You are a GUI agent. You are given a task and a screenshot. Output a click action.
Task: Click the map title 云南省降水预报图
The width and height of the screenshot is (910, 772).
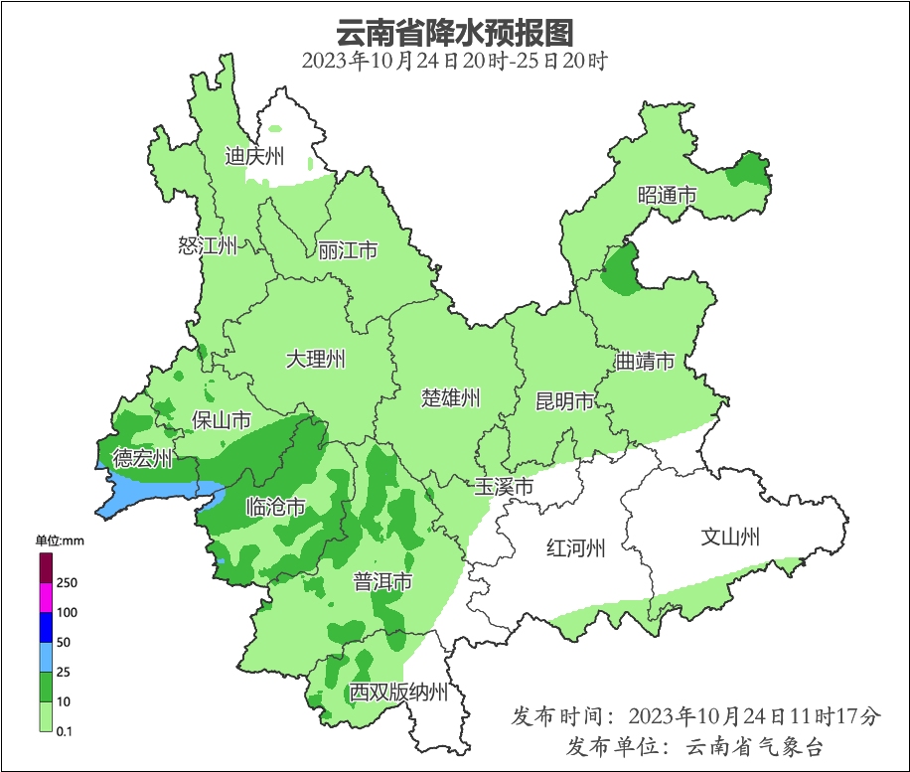click(455, 32)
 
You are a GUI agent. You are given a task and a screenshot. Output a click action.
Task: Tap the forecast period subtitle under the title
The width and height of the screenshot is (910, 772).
click(455, 61)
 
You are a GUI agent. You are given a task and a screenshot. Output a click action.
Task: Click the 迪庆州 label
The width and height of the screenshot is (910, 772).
click(254, 156)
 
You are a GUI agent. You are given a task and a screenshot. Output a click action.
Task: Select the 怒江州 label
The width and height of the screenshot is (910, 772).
click(208, 245)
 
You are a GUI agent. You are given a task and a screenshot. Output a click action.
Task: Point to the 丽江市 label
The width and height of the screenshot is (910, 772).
click(348, 250)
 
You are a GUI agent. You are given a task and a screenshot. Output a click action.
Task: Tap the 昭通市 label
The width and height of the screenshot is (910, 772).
click(667, 196)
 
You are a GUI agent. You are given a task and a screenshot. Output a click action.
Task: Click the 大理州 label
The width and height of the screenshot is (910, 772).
click(316, 359)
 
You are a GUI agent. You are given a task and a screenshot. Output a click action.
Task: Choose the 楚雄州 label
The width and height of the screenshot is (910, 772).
click(450, 398)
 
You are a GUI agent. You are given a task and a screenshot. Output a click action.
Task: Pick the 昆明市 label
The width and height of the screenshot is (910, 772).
click(564, 401)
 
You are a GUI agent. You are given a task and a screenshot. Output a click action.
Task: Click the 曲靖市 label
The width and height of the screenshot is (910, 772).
click(645, 360)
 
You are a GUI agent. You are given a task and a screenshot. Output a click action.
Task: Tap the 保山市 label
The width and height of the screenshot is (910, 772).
click(221, 420)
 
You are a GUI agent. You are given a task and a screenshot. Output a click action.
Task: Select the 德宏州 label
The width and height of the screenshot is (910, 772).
click(142, 458)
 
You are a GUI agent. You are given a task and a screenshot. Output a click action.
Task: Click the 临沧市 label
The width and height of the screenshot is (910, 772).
click(275, 508)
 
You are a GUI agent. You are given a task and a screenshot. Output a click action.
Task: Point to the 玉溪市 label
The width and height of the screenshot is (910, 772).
click(504, 487)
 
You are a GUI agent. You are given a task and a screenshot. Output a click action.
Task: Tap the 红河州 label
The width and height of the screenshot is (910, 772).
click(576, 547)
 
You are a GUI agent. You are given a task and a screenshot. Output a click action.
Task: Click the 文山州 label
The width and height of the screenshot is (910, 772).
click(730, 538)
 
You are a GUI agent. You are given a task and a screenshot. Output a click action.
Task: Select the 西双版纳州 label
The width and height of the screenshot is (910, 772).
click(397, 693)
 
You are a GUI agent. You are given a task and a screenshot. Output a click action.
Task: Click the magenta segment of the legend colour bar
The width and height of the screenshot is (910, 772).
click(46, 597)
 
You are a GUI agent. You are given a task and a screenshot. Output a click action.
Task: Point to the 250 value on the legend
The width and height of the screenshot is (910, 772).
click(68, 582)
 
